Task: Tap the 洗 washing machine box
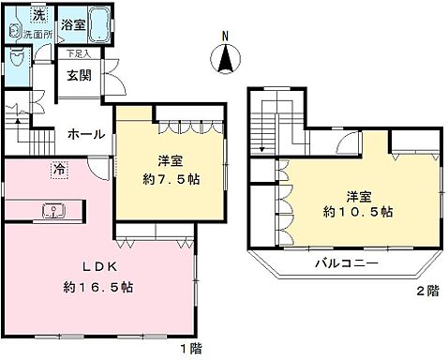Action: click(x=38, y=14)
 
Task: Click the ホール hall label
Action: click(x=86, y=135)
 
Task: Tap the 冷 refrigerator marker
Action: click(x=59, y=172)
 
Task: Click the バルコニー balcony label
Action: click(x=346, y=264)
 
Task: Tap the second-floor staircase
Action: click(x=265, y=122)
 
